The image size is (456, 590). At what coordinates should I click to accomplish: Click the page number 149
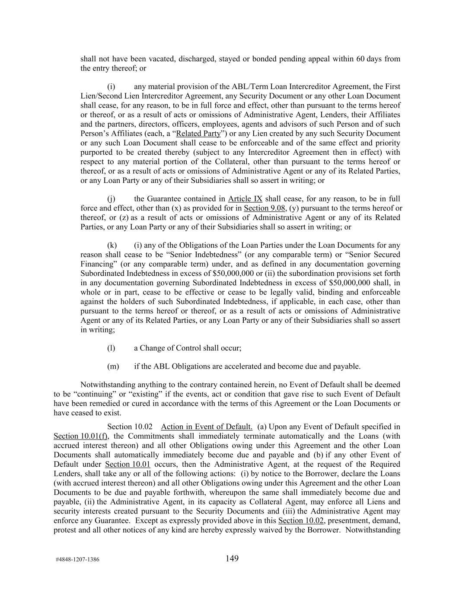point(232,558)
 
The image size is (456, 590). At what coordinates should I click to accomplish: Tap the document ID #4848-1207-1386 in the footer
point(77,559)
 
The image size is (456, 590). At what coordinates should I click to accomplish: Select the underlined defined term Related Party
point(198,134)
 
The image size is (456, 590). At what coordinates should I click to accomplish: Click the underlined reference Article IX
point(245,199)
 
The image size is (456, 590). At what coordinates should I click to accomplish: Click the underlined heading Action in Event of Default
point(207,427)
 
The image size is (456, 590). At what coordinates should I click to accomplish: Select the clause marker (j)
point(111,199)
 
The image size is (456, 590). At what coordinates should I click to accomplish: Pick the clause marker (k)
point(112,246)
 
